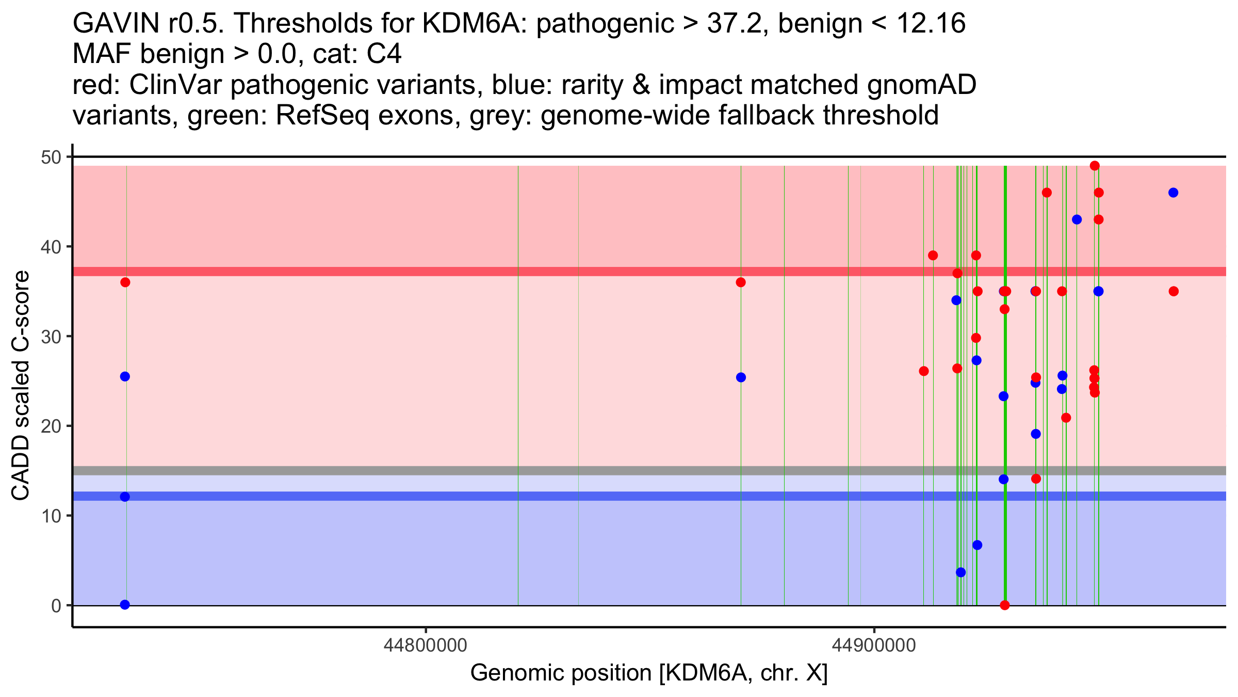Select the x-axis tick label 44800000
coord(426,645)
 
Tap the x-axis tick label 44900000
coord(874,645)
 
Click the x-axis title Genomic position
coord(649,673)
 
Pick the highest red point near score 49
coord(1095,166)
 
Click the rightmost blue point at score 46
coord(1174,193)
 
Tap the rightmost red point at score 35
coord(1174,291)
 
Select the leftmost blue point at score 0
coord(125,605)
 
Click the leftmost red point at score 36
coord(125,282)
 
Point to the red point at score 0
coord(1004,605)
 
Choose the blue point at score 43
coord(1077,219)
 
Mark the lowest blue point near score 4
coord(960,572)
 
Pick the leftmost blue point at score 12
coord(125,497)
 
